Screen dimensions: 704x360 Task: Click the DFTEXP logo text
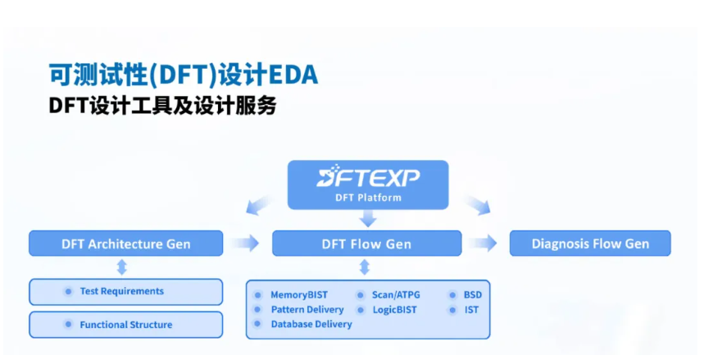click(x=368, y=176)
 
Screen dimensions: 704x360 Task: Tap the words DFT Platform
click(x=368, y=198)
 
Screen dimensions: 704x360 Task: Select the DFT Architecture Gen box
click(x=125, y=244)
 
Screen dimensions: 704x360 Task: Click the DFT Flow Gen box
click(x=367, y=244)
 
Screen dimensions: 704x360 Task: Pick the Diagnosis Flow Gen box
click(x=590, y=244)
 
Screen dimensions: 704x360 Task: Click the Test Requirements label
click(x=121, y=291)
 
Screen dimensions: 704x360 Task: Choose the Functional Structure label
click(x=125, y=325)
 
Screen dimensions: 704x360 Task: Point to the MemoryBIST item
click(x=299, y=295)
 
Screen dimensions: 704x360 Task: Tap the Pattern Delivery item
click(x=307, y=310)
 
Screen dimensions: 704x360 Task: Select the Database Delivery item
click(x=311, y=324)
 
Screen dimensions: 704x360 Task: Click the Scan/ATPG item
click(x=396, y=295)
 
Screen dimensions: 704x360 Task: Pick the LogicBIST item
click(x=395, y=310)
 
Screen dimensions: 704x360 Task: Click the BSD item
click(x=473, y=295)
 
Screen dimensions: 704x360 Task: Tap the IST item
click(x=471, y=310)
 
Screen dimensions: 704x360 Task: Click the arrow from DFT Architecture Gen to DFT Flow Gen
click(x=246, y=244)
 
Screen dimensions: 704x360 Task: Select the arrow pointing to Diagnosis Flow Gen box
click(x=483, y=244)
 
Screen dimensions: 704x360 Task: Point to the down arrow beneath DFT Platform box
click(x=368, y=218)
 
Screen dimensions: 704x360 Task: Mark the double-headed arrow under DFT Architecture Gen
click(x=121, y=267)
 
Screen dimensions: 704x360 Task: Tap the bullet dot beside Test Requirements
click(x=68, y=292)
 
